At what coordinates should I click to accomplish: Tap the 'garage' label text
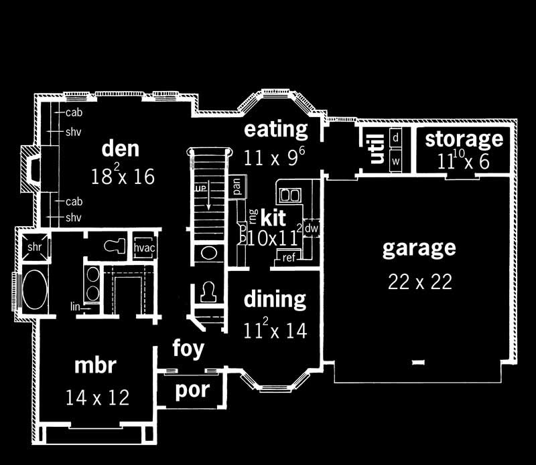point(419,248)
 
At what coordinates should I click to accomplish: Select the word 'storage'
point(464,139)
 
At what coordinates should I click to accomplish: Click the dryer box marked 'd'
point(396,137)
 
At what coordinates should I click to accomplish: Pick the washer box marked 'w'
point(396,161)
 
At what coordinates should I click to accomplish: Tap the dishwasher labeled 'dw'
point(311,228)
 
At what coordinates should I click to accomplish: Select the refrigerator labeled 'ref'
point(289,258)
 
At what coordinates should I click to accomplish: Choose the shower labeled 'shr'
point(34,247)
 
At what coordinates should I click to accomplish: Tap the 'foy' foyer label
point(188,349)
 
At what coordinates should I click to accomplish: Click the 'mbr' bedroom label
point(95,367)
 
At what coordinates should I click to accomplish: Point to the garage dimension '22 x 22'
point(419,282)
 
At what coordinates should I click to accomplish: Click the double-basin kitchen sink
point(289,195)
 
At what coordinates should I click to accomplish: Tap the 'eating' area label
point(275,128)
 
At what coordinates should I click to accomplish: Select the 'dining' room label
point(275,299)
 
